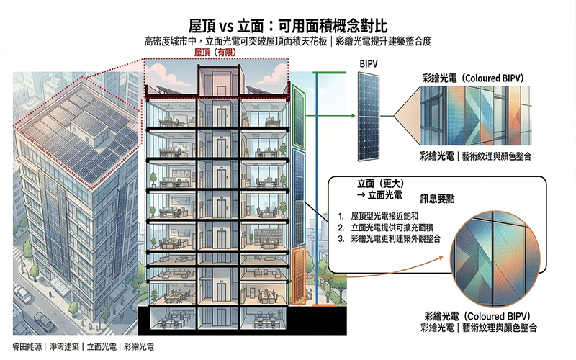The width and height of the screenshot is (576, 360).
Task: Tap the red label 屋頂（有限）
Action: (217, 53)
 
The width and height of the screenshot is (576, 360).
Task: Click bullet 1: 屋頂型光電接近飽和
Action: (385, 216)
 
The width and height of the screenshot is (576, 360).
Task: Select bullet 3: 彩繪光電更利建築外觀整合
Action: (396, 238)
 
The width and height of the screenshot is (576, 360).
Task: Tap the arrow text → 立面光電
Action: (379, 194)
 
